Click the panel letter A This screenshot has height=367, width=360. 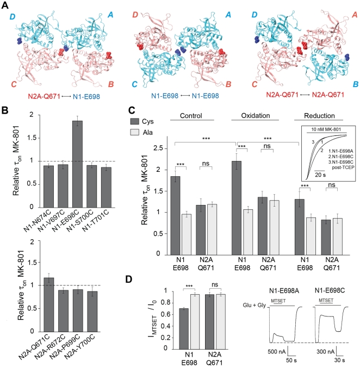6,6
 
